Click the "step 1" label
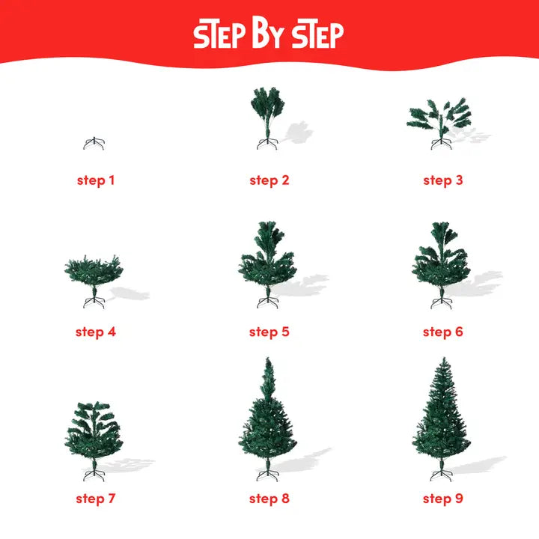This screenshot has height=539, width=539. (95, 180)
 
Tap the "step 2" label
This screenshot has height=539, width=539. (269, 180)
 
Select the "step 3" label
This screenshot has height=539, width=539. (442, 180)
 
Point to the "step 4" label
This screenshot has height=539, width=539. (95, 332)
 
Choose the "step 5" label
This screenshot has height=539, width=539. (269, 332)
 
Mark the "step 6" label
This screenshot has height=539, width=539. (442, 332)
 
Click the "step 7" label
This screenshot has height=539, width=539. (95, 498)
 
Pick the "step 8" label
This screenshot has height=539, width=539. (269, 498)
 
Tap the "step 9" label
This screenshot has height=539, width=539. (442, 498)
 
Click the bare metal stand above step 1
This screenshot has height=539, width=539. (94, 144)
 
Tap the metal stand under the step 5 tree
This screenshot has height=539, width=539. (267, 302)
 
